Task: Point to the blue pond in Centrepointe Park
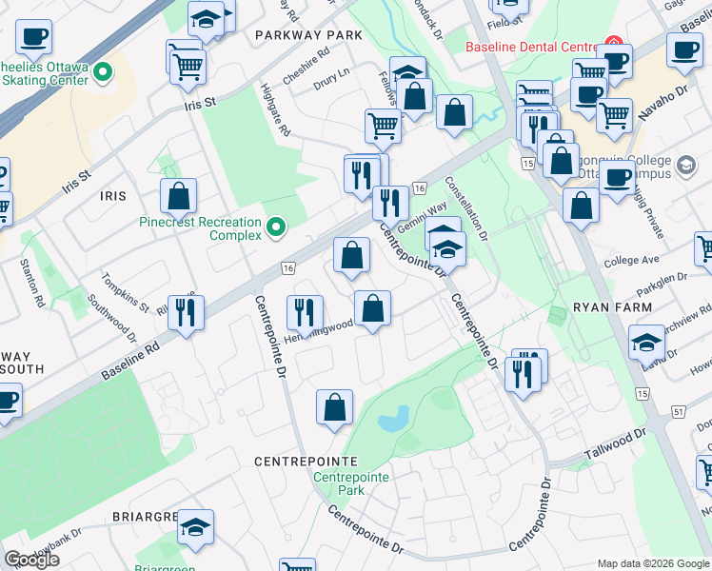[x=393, y=418]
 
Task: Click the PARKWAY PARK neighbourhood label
[x=309, y=34]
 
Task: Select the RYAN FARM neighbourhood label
[x=612, y=307]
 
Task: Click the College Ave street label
[x=631, y=260]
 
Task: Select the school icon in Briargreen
[x=196, y=529]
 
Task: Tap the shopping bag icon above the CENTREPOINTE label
[x=334, y=406]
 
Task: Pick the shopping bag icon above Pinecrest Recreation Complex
[x=179, y=197]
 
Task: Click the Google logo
[x=31, y=560]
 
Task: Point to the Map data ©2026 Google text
[x=653, y=563]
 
